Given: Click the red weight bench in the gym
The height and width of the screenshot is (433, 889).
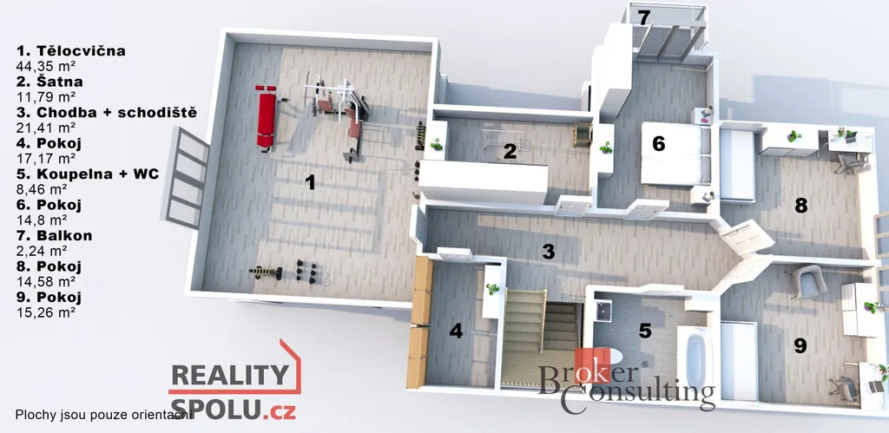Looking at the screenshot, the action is pos(266,117).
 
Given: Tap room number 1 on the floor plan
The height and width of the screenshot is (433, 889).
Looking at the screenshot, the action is pos(310,182).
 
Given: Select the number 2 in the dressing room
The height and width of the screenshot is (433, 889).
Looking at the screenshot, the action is pos(510,151).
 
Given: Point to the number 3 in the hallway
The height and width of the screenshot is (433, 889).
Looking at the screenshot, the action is pos(548,252).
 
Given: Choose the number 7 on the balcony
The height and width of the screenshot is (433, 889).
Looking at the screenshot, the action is pos(643,17).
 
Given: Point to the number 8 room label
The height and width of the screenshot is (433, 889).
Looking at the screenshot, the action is pos(800,205).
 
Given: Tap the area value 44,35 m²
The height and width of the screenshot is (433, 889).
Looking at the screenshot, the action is pos(47,66).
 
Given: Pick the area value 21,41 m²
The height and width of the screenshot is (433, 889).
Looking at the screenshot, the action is pos(46,128).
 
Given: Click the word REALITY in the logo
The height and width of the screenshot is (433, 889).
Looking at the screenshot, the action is pos(229,375).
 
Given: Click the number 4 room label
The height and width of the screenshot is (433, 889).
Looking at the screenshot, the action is pos(456,331).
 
